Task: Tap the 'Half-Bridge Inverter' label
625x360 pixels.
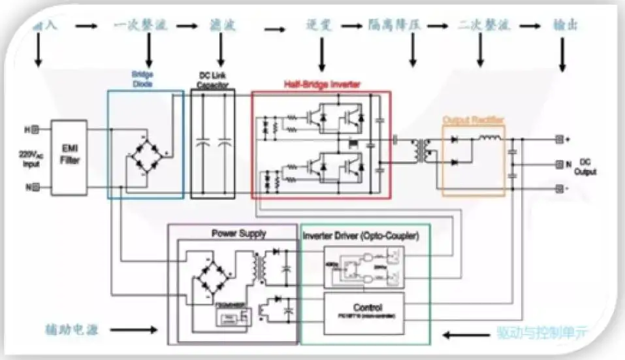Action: coord(321,84)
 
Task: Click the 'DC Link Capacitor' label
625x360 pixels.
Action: coord(213,80)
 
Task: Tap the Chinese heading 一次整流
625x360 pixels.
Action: coord(140,26)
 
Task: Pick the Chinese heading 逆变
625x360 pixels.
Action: coord(320,26)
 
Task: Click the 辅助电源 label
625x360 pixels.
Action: coord(72,330)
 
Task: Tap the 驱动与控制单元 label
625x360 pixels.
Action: coord(541,333)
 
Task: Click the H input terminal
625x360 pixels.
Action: coord(37,129)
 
